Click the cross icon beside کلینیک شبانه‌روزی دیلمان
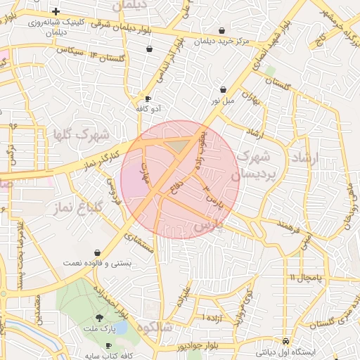click(56, 12)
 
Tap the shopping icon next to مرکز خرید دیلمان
click(222, 30)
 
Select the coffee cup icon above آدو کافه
click(148, 98)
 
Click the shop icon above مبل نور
click(224, 90)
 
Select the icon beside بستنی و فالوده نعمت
click(97, 252)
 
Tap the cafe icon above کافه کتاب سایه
click(108, 345)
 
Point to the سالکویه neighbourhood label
click(156, 328)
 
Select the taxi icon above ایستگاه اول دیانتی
click(285, 340)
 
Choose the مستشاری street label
click(134, 243)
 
